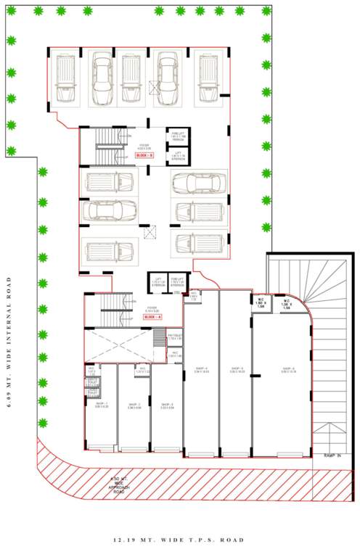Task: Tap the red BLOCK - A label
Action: tap(152, 317)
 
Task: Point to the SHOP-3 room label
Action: tap(166, 404)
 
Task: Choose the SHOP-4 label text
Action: tap(201, 369)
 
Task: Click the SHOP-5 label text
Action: tap(236, 369)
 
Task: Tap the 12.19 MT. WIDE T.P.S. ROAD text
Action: tap(179, 540)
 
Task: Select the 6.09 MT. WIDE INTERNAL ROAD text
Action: tap(10, 342)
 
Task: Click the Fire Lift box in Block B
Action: tap(179, 136)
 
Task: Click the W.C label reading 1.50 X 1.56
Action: tap(261, 303)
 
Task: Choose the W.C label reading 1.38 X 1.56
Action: tap(288, 303)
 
